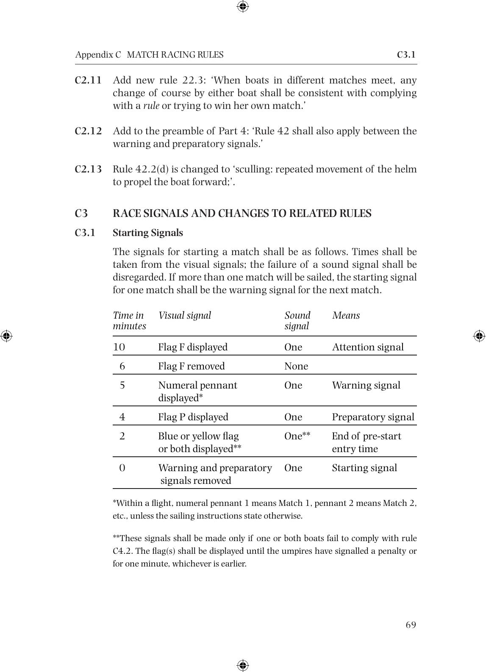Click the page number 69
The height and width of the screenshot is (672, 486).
tap(411, 625)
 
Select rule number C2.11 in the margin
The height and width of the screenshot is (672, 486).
tap(88, 80)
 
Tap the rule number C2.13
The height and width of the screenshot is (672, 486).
tap(88, 169)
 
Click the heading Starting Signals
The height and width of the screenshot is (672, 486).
tap(147, 233)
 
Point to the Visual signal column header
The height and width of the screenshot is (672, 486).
tap(184, 315)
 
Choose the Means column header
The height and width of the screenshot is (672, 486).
tap(346, 315)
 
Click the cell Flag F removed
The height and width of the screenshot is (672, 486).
tap(191, 366)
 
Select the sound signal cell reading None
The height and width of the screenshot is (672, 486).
tap(296, 366)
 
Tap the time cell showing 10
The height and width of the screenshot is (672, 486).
tap(119, 347)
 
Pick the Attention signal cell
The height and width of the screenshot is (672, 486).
tap(367, 347)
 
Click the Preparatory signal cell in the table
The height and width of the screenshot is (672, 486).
tap(373, 417)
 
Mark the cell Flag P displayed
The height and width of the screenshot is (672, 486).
tap(193, 417)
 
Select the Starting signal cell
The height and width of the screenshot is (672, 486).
tap(364, 468)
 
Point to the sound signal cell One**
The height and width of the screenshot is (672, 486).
tap(297, 436)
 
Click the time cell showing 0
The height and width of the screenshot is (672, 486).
tap(122, 468)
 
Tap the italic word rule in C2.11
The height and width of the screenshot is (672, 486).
tap(151, 106)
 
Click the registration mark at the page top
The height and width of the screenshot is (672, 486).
tap(243, 6)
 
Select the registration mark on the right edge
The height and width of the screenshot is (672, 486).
tap(479, 336)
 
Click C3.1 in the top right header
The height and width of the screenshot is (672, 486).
tap(406, 55)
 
